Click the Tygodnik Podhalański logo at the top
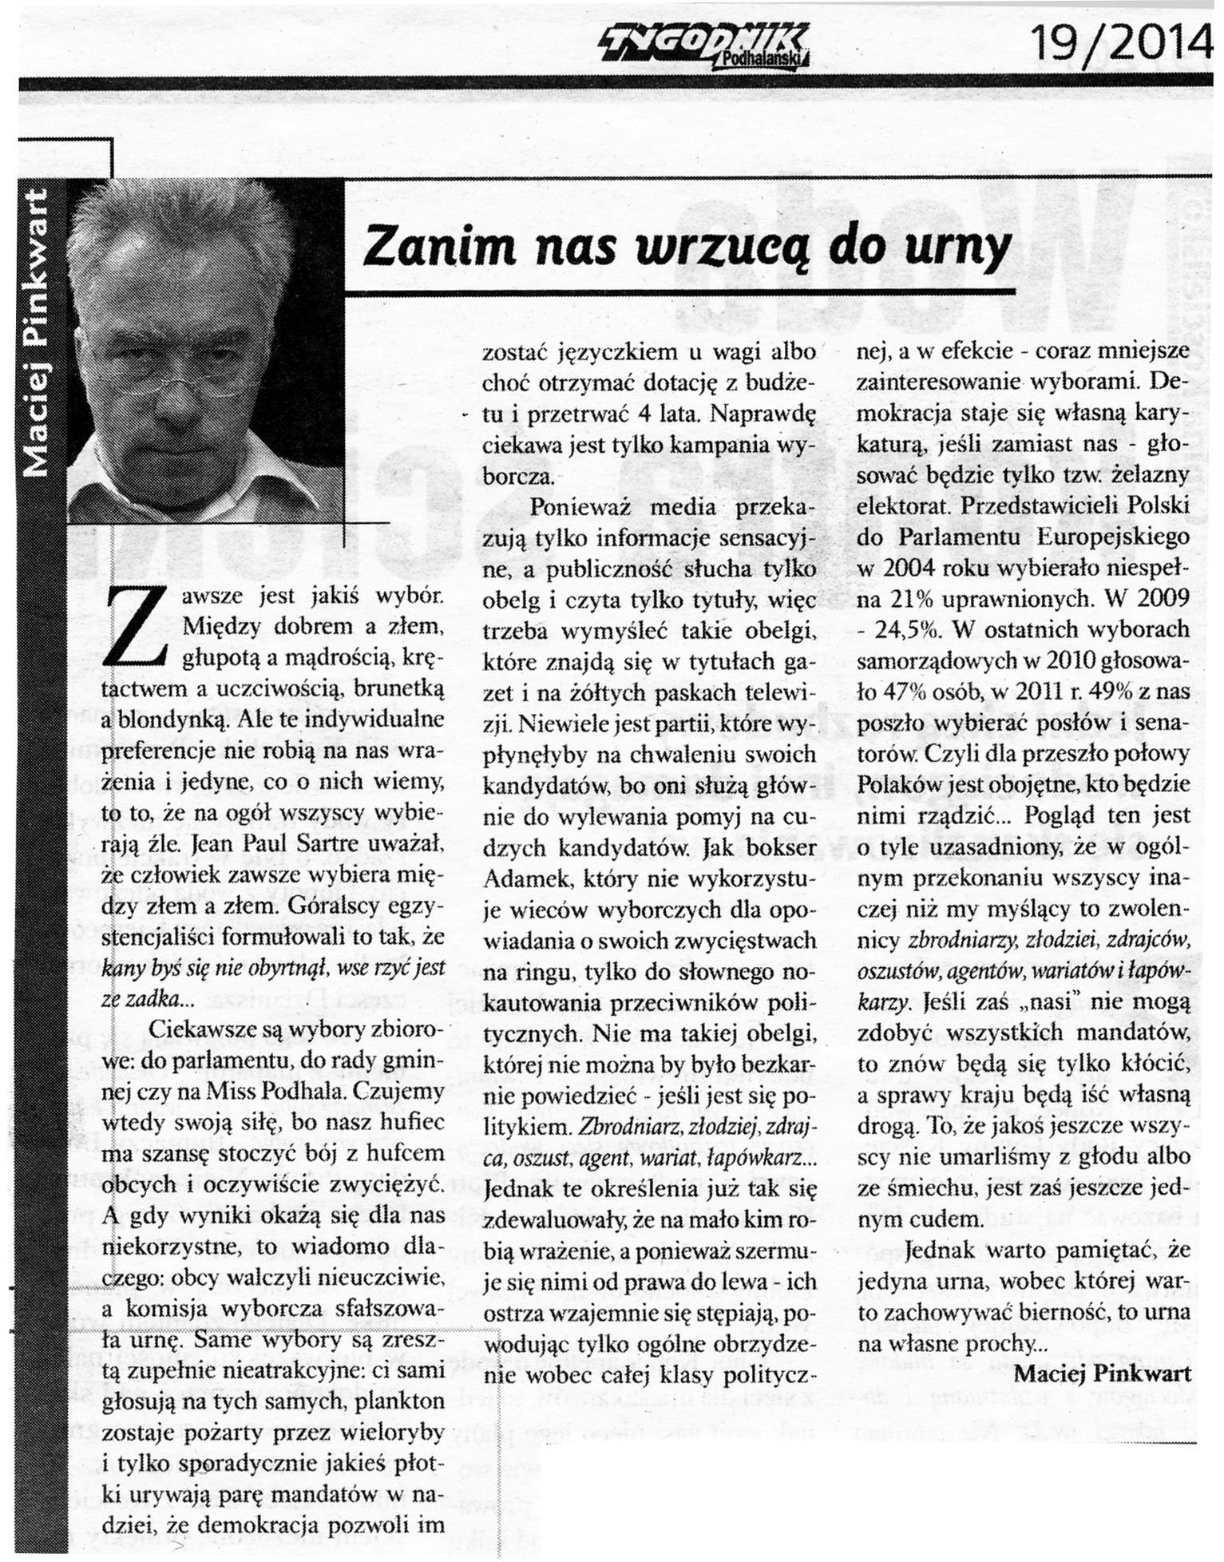click(703, 44)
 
